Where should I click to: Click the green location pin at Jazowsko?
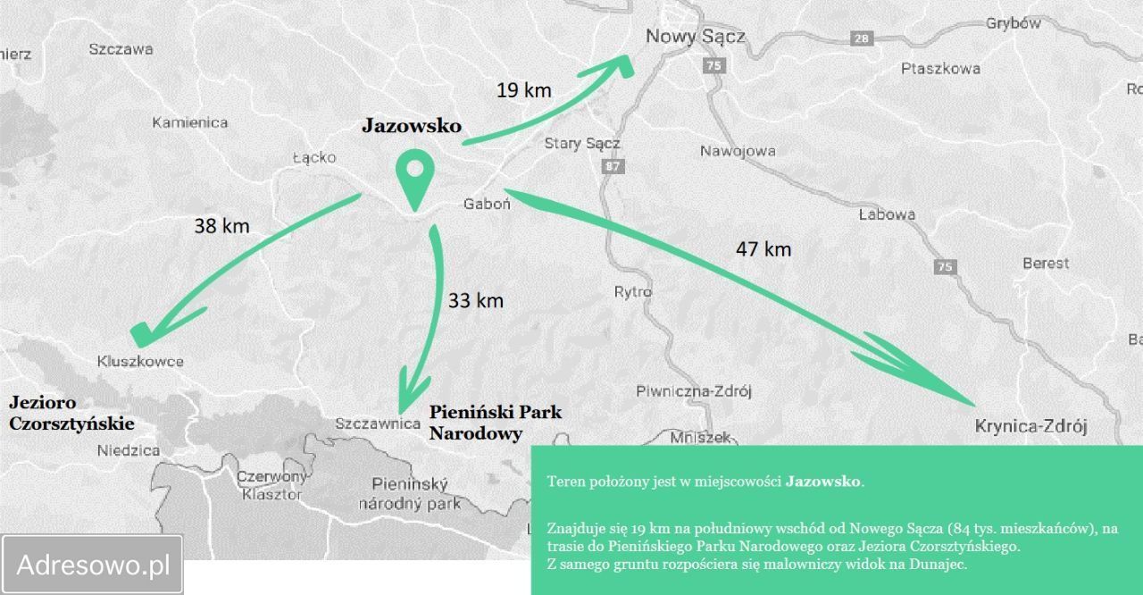[413, 177]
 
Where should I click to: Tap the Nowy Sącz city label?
[695, 36]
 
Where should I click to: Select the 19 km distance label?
[523, 90]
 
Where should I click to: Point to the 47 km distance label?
[763, 249]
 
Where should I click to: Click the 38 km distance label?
[221, 226]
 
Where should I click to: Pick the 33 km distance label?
[476, 300]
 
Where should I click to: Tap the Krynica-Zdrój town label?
[1030, 427]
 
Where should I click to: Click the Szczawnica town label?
[377, 423]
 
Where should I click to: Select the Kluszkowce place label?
[140, 362]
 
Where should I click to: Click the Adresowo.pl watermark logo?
[93, 565]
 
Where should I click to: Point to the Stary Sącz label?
[582, 143]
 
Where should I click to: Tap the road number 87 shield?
[612, 166]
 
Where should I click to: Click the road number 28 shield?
[861, 38]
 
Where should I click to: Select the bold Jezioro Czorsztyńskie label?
[71, 413]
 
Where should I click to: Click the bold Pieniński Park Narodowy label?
[495, 423]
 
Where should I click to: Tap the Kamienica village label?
[189, 122]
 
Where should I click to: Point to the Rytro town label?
[633, 292]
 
